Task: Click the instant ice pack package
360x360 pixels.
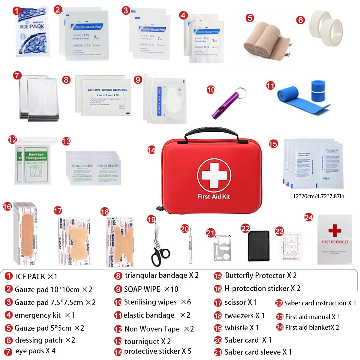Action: [x=32, y=31]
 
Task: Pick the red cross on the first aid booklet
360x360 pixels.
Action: [x=334, y=230]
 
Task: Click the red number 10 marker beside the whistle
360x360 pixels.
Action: [x=211, y=90]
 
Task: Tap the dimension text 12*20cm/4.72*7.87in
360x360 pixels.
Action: [x=319, y=196]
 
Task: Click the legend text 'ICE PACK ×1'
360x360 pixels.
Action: [x=36, y=276]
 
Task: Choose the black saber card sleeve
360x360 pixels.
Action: [x=259, y=246]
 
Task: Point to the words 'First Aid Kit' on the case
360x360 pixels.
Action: [x=214, y=196]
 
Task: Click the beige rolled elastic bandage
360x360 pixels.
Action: [x=264, y=42]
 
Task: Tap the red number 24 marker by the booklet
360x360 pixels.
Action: [x=308, y=217]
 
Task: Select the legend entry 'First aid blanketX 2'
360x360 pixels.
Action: [x=312, y=328]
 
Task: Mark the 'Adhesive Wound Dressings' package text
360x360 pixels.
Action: [x=107, y=90]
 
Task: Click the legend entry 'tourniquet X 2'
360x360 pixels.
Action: [x=147, y=341]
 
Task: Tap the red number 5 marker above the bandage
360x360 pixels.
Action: [x=250, y=18]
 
